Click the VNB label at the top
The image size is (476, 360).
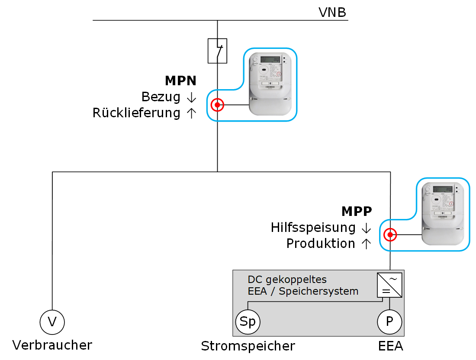coord(332,13)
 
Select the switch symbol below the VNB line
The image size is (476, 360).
coord(217,51)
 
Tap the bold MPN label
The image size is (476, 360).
coord(180,80)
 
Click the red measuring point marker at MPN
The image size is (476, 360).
coord(217,105)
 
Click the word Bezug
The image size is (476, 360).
coord(161,97)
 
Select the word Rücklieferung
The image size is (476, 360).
coord(136,113)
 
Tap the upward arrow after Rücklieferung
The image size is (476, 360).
coord(191,113)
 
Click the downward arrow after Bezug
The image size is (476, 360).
coord(191,98)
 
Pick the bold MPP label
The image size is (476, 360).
coord(357,211)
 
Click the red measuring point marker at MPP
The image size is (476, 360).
coord(390,235)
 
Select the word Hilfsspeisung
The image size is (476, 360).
coord(313,227)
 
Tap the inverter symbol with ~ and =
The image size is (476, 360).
coord(389,285)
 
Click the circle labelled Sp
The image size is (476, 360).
coord(248,322)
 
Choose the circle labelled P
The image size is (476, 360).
coord(389,322)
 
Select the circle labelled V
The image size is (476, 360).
coord(52,321)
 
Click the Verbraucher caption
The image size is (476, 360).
coord(52,345)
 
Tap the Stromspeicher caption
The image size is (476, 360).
coord(248,346)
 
